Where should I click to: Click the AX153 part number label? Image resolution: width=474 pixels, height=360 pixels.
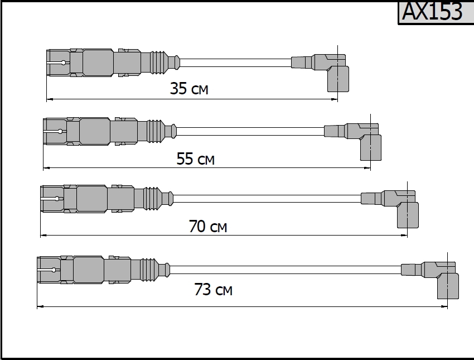click(x=432, y=12)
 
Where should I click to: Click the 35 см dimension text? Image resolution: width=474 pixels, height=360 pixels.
click(x=189, y=89)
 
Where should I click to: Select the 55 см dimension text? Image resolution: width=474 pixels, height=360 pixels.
click(x=196, y=159)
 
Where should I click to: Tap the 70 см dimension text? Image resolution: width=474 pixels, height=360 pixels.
click(x=208, y=226)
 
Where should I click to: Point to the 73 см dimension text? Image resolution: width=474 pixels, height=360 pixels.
click(x=214, y=290)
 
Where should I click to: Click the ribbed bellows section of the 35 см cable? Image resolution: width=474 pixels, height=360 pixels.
click(x=159, y=63)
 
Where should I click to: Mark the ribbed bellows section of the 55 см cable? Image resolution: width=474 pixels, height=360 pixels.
click(x=156, y=131)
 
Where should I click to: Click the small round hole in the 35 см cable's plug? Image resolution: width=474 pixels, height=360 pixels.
click(x=63, y=63)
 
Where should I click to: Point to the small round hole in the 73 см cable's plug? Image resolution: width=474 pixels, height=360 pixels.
click(x=54, y=270)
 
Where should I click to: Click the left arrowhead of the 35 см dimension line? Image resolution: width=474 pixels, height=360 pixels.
click(x=50, y=99)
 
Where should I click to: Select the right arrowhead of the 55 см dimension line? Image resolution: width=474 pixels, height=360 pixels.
click(x=367, y=167)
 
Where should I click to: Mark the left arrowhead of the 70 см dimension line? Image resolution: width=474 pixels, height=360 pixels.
click(x=44, y=235)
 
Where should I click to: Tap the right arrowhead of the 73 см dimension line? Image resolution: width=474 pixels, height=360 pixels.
click(x=444, y=306)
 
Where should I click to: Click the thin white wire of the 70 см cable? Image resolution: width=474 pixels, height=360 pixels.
click(x=267, y=199)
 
